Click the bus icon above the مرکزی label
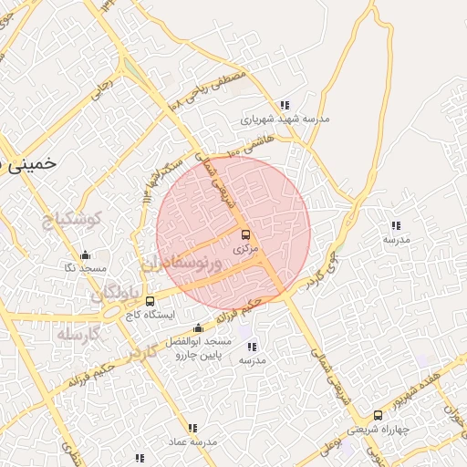pos(244,234)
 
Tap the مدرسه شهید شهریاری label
pos(285,119)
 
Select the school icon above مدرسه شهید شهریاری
pos(285,105)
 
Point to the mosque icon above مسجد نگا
pos(85,254)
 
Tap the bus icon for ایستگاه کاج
pos(150,300)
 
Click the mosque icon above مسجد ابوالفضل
pos(199,328)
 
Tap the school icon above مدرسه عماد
pos(192,428)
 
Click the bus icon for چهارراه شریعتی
pos(378,415)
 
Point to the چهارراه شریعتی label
pos(379,430)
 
